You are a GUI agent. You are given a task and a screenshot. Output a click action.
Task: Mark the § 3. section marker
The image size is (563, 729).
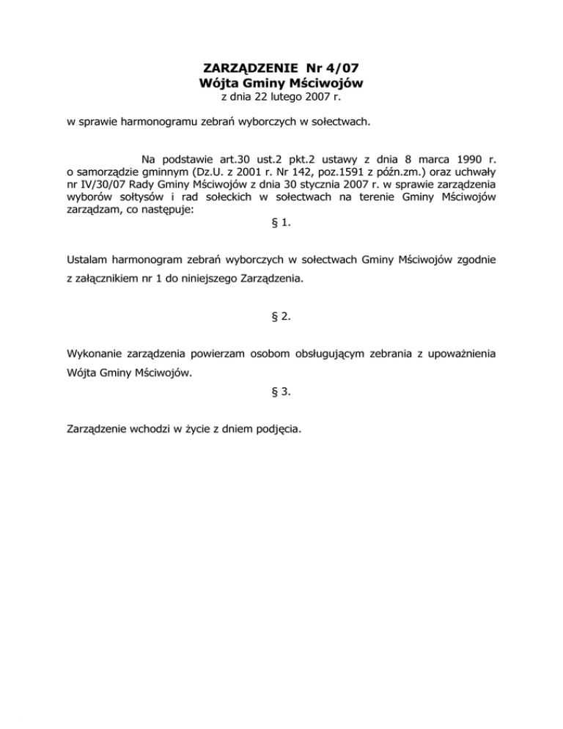tap(281, 392)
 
